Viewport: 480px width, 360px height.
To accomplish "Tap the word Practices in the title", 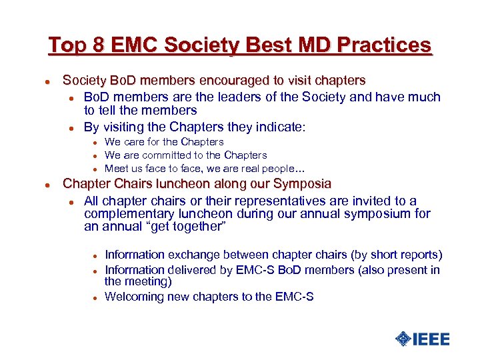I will (384, 45).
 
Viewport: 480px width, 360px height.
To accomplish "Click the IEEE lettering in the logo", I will (431, 339).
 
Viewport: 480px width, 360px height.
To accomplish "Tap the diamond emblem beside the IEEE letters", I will (403, 339).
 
